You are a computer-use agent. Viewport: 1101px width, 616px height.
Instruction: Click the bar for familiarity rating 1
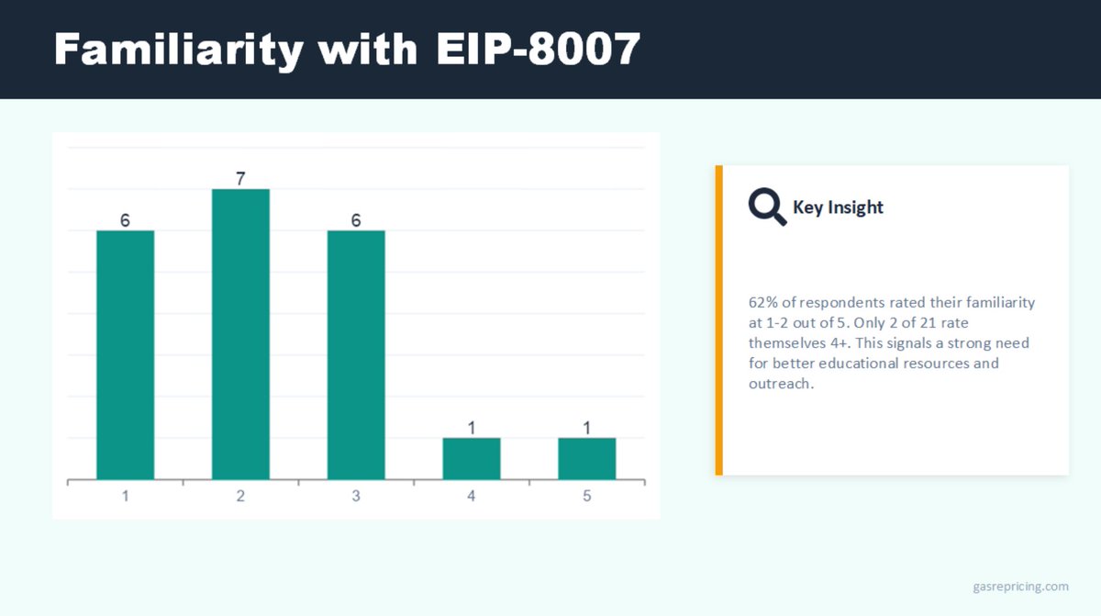pos(126,355)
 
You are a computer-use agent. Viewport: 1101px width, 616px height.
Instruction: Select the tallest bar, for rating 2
pos(240,334)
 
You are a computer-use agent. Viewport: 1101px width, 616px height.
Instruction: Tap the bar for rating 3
pos(356,355)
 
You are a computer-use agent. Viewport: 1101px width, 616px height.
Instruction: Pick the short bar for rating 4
pos(472,459)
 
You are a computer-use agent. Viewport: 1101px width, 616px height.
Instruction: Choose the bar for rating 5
pos(587,459)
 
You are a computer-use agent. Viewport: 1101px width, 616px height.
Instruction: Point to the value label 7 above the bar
pos(240,178)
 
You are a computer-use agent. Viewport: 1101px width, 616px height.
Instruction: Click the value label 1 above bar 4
pos(472,428)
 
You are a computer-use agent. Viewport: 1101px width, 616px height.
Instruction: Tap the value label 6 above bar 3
pos(356,220)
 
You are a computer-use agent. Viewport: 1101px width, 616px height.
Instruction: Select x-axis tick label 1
pos(126,496)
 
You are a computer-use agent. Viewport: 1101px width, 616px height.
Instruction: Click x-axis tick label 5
pos(587,496)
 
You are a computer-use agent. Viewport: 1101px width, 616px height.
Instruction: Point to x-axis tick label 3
pos(356,496)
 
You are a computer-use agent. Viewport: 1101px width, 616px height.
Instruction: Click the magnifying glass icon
pos(767,207)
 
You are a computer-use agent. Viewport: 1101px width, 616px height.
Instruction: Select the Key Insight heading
pos(838,207)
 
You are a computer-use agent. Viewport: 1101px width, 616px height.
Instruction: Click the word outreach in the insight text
pos(780,384)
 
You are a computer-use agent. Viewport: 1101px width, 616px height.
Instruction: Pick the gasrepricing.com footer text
pos(1020,587)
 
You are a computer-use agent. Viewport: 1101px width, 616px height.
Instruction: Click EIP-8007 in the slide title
pos(539,49)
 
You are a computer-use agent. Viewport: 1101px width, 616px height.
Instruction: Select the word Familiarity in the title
pos(178,50)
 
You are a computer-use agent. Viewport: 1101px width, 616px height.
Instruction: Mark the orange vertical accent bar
pos(718,320)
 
